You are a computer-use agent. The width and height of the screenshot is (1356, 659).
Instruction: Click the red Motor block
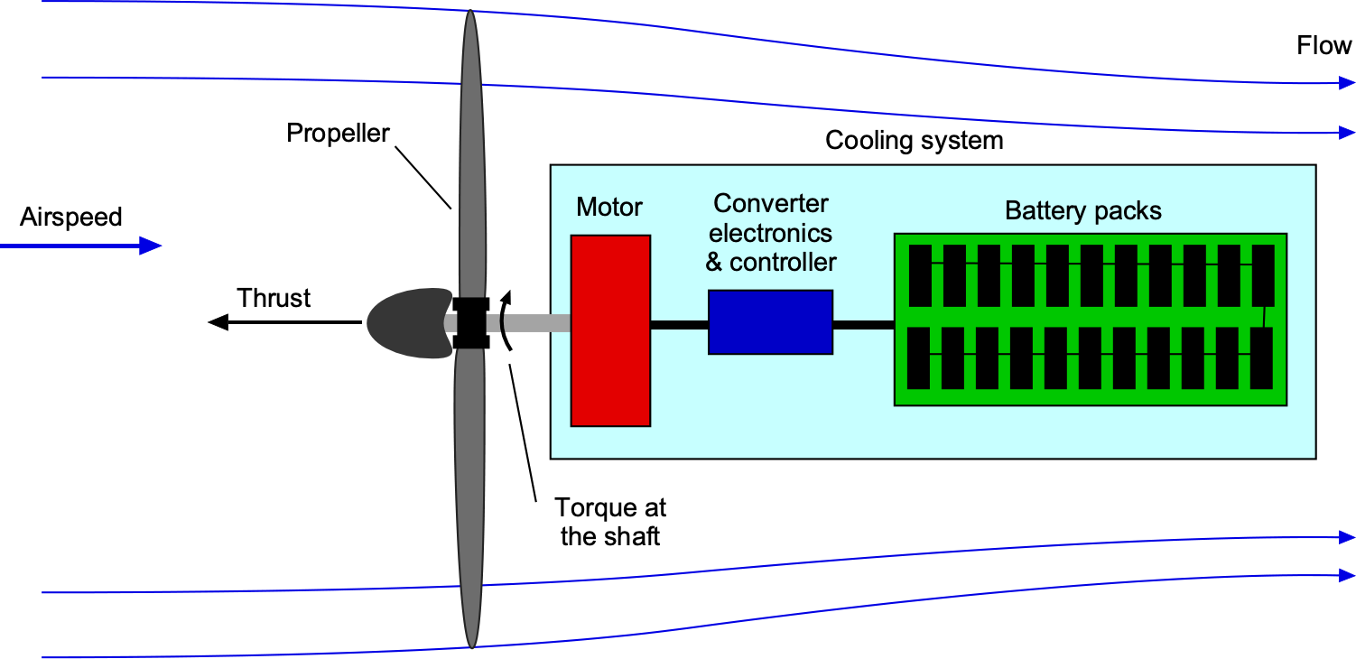coord(610,330)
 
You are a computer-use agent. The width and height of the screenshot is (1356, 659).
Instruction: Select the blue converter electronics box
coord(770,322)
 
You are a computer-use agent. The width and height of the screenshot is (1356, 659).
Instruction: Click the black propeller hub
coord(470,322)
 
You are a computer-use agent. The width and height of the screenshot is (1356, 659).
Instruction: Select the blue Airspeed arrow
coord(81,246)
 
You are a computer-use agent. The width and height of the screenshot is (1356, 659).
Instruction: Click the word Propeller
coord(338,134)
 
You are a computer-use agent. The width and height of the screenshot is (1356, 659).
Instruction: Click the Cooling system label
coord(914,141)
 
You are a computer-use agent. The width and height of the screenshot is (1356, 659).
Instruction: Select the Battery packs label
coord(1082,211)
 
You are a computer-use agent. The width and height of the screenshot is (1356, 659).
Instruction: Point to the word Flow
coord(1323,46)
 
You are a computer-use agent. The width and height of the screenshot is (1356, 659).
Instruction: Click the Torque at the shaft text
coord(610,521)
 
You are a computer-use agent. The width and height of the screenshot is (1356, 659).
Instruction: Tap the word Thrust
coord(274,298)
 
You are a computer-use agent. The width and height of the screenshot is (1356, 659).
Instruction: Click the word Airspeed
coord(70,218)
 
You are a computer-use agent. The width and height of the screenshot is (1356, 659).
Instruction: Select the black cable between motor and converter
coord(679,324)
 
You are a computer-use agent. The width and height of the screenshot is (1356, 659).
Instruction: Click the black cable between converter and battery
coord(863,324)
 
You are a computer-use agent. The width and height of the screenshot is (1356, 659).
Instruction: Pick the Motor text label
coord(609,207)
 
